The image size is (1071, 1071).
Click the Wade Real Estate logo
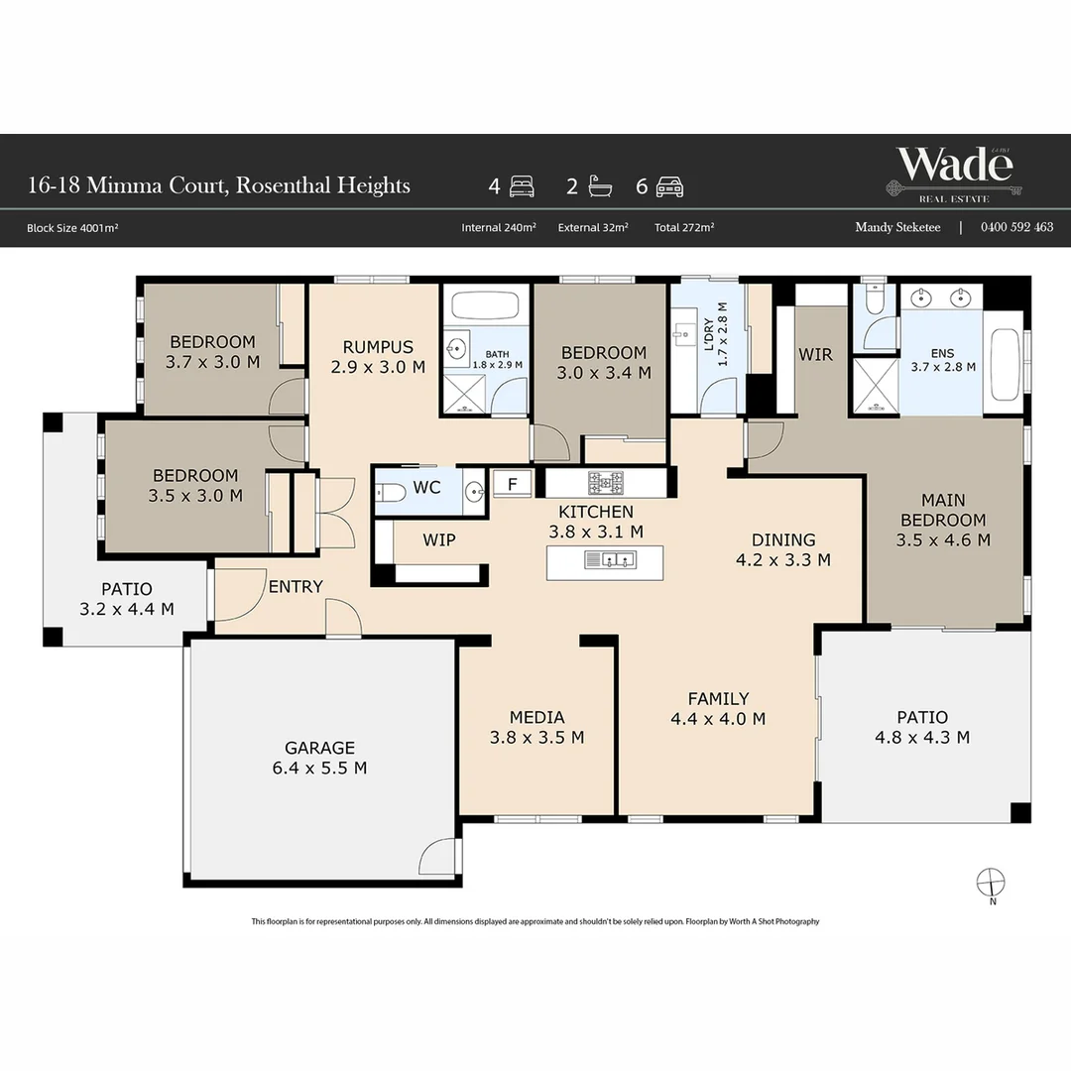(954, 175)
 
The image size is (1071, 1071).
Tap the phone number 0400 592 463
(1016, 227)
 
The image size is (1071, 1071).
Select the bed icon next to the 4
(522, 186)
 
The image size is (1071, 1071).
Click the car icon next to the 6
(669, 186)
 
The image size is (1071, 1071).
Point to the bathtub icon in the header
(600, 186)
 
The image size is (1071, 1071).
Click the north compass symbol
(991, 882)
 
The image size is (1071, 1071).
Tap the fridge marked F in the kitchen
(512, 484)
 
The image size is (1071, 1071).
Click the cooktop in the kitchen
(606, 482)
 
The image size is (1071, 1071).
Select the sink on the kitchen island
(610, 560)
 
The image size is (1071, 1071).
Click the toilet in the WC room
(391, 492)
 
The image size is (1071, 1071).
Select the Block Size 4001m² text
(72, 228)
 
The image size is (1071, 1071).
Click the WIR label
(815, 354)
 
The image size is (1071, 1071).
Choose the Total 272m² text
(684, 227)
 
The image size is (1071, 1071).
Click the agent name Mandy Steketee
(897, 227)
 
